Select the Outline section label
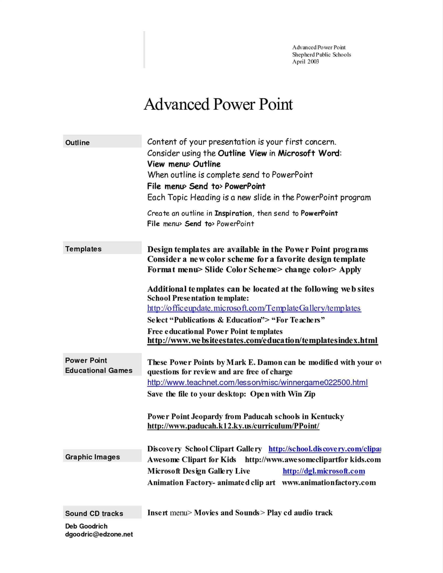[77, 143]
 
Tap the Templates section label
[83, 249]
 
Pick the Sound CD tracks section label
[94, 514]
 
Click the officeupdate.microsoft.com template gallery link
[254, 308]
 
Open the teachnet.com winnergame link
[257, 382]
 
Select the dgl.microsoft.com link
[324, 471]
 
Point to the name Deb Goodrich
[86, 526]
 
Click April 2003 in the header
[305, 62]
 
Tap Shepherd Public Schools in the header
[322, 55]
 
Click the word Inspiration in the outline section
[233, 213]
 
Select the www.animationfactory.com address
[329, 483]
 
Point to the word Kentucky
[327, 417]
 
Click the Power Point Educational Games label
[99, 365]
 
